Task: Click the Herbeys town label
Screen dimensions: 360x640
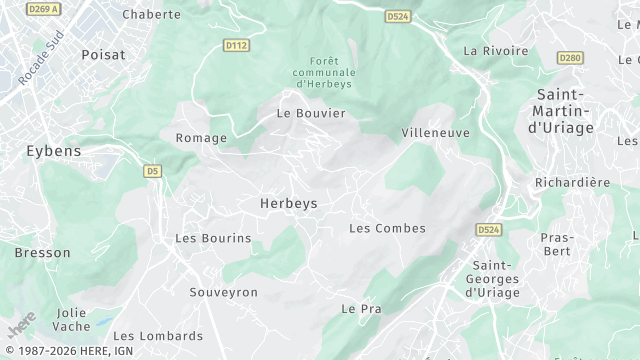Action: (289, 203)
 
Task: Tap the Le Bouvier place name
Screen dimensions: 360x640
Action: (311, 113)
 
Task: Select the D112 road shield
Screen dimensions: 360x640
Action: (237, 45)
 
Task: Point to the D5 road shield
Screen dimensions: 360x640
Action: (152, 171)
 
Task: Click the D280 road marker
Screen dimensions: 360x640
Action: (570, 57)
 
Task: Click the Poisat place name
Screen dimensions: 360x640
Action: (103, 55)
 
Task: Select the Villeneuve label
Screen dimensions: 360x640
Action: (435, 132)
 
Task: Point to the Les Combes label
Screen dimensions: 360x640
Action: (387, 228)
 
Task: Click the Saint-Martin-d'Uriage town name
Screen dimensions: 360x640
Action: (561, 110)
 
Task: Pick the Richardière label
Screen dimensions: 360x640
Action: (573, 182)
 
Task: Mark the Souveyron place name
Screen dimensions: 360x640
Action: (224, 292)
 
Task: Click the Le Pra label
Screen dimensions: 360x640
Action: (362, 309)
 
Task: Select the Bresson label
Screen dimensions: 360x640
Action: (42, 253)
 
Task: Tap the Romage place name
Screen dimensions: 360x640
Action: (201, 138)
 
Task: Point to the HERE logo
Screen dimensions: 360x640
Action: (20, 325)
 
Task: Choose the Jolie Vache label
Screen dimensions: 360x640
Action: (72, 320)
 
